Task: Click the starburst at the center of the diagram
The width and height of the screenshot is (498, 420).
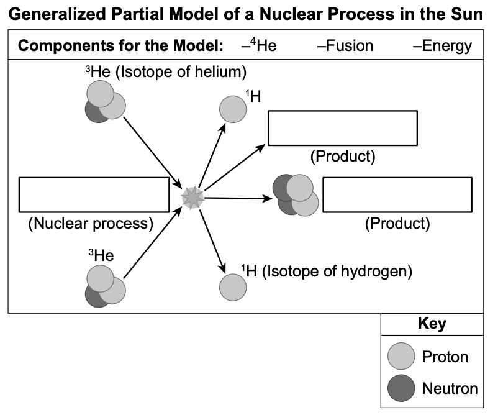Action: (x=192, y=198)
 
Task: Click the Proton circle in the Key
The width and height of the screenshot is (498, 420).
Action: (x=401, y=356)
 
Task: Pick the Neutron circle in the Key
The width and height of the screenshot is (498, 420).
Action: (x=401, y=388)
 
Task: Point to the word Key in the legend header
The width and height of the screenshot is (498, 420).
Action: (x=432, y=324)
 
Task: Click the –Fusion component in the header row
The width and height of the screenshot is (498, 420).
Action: (x=345, y=46)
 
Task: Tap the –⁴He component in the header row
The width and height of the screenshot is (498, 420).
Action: (x=259, y=45)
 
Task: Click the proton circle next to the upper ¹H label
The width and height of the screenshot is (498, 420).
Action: (x=233, y=109)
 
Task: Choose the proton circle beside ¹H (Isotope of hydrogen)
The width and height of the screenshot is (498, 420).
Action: (x=233, y=287)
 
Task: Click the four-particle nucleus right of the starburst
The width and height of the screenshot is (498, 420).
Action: (x=296, y=195)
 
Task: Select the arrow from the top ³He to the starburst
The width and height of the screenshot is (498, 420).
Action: (x=153, y=153)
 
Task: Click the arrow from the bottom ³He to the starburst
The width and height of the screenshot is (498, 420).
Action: (x=153, y=242)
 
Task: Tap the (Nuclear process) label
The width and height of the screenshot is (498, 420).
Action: (x=91, y=224)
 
